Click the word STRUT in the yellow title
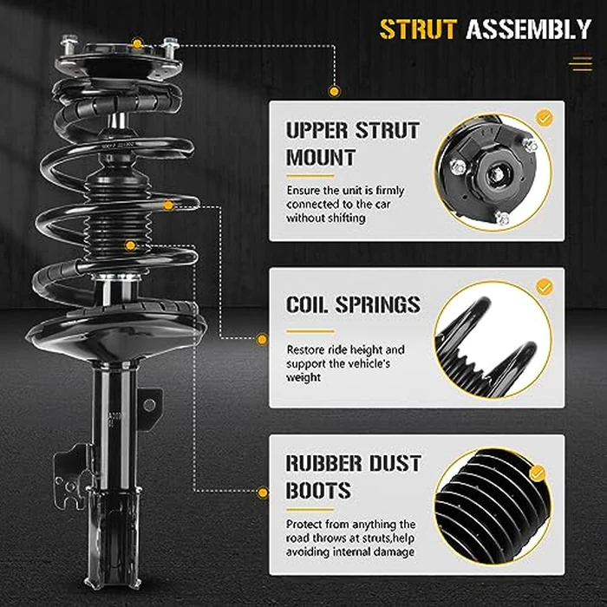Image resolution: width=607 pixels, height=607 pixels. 417,29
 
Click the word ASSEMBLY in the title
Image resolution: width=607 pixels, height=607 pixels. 528,29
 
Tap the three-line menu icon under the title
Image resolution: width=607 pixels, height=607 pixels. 579,64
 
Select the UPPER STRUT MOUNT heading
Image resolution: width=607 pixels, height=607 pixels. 352,144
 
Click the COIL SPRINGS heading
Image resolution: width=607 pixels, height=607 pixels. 352,305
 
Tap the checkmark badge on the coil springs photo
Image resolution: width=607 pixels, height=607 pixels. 545,286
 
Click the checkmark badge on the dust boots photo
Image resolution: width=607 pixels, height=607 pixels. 538,473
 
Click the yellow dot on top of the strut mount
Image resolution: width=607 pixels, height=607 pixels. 137,43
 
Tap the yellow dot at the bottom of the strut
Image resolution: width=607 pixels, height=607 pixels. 263,493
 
